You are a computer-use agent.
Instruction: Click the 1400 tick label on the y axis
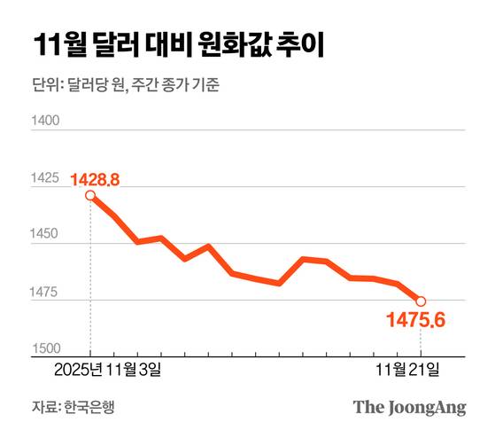pyautogui.click(x=44, y=121)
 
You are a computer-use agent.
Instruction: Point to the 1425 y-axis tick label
pyautogui.click(x=44, y=178)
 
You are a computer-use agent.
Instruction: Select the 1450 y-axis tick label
pyautogui.click(x=44, y=235)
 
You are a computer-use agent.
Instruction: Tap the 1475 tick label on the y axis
pyautogui.click(x=44, y=292)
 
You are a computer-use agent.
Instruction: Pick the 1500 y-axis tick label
pyautogui.click(x=44, y=348)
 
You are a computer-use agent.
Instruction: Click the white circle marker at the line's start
pyautogui.click(x=90, y=195)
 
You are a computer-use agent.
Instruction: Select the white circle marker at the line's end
pyautogui.click(x=421, y=301)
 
